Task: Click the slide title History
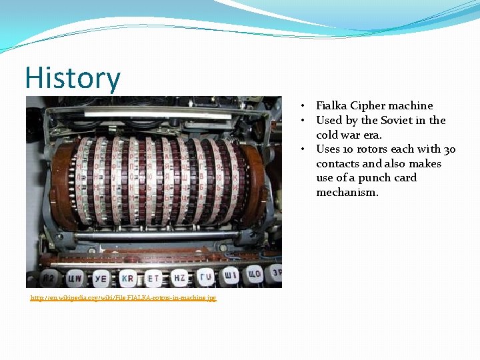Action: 73,79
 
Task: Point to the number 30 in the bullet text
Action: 449,149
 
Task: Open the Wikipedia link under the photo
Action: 123,297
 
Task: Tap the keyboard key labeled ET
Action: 153,277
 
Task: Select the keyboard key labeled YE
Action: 100,278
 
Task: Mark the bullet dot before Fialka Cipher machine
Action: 303,106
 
